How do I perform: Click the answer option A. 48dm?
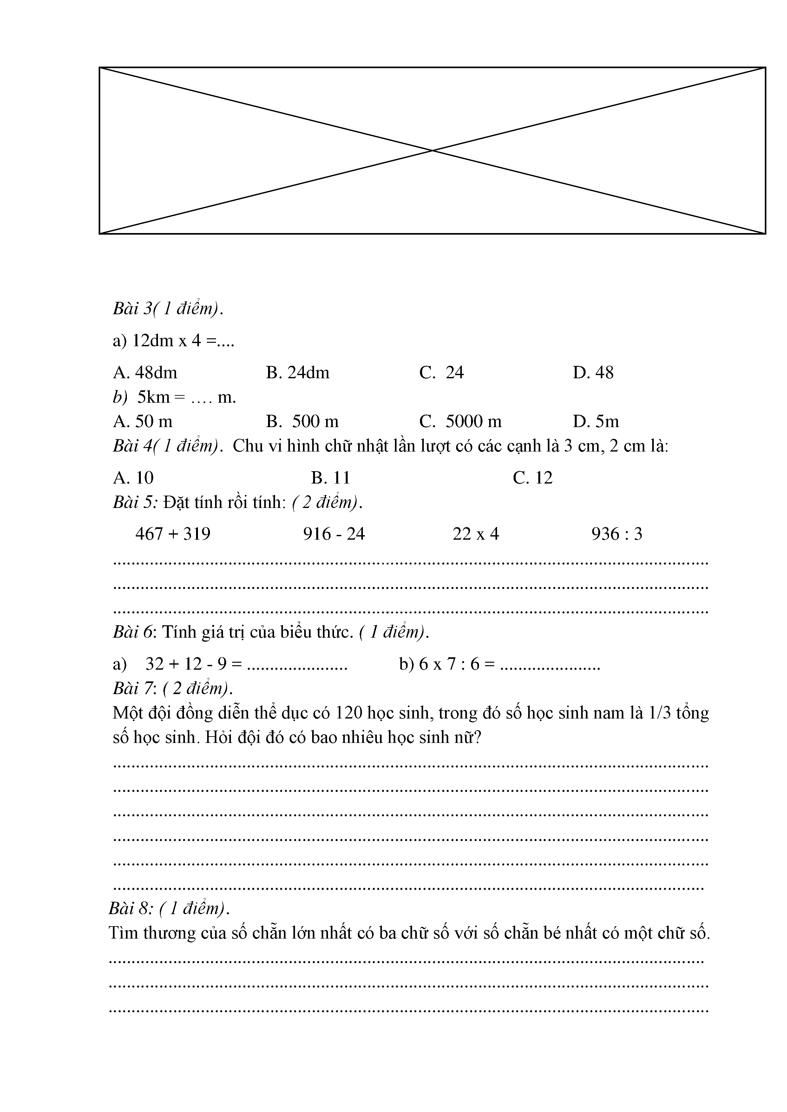[x=145, y=373]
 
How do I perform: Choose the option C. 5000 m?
[x=460, y=421]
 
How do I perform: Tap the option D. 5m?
[x=596, y=421]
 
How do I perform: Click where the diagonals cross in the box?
[x=433, y=151]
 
